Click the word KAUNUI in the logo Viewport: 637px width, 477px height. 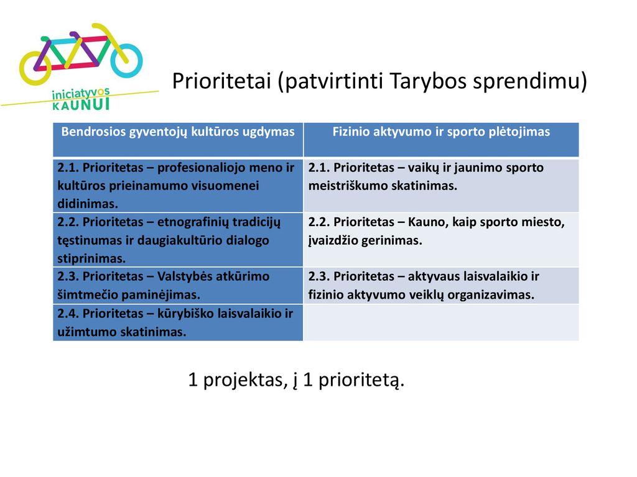coord(81,104)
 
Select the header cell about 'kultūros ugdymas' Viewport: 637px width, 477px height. coord(178,140)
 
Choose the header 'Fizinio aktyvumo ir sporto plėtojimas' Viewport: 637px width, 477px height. coord(441,140)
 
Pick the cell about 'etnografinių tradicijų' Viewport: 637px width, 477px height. coord(178,240)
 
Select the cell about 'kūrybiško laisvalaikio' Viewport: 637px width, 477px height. coord(178,322)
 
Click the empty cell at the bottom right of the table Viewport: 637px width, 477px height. coord(441,322)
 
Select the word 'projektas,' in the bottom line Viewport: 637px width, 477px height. coord(245,380)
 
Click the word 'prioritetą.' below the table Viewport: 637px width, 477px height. coord(361,380)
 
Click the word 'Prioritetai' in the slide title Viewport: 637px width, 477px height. coord(221,81)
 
